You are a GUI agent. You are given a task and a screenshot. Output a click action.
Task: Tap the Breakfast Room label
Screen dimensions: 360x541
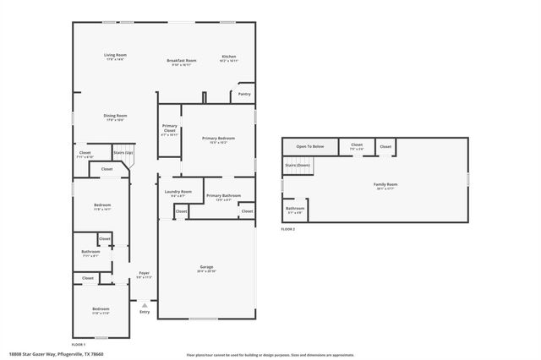[x=181, y=62]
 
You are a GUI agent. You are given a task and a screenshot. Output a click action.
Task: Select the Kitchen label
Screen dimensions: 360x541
[x=228, y=58]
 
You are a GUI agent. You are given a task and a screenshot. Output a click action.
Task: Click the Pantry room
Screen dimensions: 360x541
[x=244, y=94]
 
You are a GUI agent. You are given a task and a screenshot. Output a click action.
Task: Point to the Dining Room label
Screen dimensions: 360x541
[x=115, y=117]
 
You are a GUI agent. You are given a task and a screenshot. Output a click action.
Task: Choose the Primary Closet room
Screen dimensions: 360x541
[x=169, y=130]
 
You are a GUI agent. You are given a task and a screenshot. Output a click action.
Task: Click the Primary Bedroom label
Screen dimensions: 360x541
[x=218, y=139]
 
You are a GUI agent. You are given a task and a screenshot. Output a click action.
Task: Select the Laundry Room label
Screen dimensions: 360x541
[x=178, y=194]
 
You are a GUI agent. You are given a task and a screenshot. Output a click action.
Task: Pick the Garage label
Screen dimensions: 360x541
[x=206, y=269]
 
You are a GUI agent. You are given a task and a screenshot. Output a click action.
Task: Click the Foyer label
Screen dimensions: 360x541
[x=144, y=275]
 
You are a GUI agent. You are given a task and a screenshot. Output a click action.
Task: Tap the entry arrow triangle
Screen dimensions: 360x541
[x=145, y=303]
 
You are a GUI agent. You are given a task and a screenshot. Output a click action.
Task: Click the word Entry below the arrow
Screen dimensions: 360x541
[x=145, y=312]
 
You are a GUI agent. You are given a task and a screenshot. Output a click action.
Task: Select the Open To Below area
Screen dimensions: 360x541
[x=309, y=146]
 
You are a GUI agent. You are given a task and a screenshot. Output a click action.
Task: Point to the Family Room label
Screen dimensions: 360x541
[x=385, y=186]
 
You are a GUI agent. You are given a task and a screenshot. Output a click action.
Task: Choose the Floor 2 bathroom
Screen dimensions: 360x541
[x=294, y=209]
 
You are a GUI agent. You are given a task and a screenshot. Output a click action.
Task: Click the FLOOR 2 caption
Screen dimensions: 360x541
[x=289, y=229]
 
